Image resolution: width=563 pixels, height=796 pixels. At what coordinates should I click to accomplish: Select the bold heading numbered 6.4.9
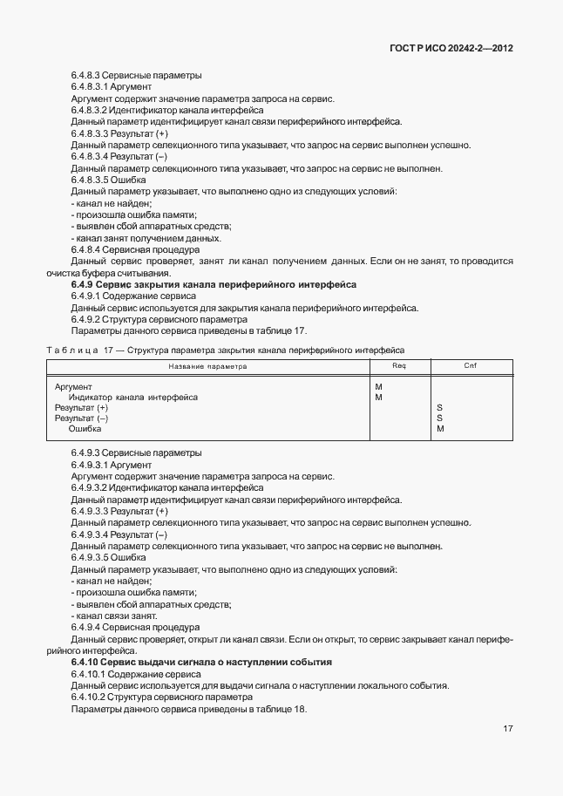(x=214, y=284)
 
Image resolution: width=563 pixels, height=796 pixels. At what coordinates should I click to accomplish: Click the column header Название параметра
(x=207, y=367)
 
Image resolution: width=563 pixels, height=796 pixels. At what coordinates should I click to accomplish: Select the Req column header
(x=399, y=366)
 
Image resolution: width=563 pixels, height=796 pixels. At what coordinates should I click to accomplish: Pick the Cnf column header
(x=470, y=366)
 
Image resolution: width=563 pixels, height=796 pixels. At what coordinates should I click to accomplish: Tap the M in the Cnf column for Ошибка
(x=440, y=429)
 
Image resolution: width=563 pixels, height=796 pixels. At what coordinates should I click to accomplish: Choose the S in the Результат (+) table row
(x=439, y=408)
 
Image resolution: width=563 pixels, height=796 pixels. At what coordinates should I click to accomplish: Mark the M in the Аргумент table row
(x=378, y=387)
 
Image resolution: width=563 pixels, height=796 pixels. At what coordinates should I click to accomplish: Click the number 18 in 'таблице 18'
(x=300, y=709)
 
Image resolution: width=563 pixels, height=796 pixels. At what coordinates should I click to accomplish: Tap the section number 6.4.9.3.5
(x=95, y=557)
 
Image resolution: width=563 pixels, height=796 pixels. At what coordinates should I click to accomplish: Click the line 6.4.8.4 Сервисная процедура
(x=135, y=249)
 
